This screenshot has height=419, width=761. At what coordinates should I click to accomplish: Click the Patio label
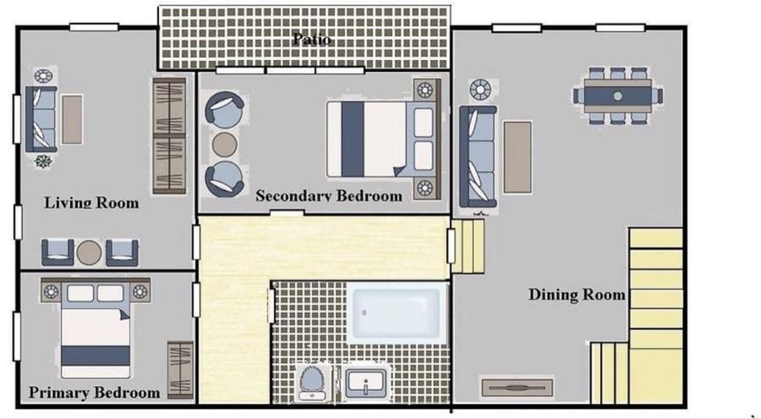click(312, 38)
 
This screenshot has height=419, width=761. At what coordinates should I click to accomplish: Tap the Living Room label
click(91, 202)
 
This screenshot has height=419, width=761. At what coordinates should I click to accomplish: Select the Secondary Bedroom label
click(329, 196)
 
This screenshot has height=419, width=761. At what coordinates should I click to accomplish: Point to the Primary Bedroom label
click(94, 392)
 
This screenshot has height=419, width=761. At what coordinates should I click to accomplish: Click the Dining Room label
click(577, 294)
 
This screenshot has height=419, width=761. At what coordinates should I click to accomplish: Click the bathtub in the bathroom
click(397, 313)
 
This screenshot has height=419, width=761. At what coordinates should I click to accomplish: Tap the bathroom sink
click(366, 383)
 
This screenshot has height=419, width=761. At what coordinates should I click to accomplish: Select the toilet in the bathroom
click(313, 383)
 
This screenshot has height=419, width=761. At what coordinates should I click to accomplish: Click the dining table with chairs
click(617, 96)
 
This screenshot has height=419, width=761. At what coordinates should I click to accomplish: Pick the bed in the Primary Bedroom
click(96, 330)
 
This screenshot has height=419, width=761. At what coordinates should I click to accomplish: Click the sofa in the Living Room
click(41, 119)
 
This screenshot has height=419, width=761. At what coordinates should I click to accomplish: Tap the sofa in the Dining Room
click(478, 157)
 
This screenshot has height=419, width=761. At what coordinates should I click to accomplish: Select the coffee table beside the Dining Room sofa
click(517, 157)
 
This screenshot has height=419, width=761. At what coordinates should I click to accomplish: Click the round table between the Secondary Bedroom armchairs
click(225, 145)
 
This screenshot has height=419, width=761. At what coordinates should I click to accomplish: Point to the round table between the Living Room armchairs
click(90, 253)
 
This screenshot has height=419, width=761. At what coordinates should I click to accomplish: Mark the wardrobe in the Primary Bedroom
click(180, 369)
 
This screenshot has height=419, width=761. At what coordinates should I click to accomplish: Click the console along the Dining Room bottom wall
click(517, 387)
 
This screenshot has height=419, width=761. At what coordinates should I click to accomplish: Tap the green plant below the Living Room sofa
click(43, 162)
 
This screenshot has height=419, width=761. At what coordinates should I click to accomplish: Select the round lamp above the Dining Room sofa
click(480, 90)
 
